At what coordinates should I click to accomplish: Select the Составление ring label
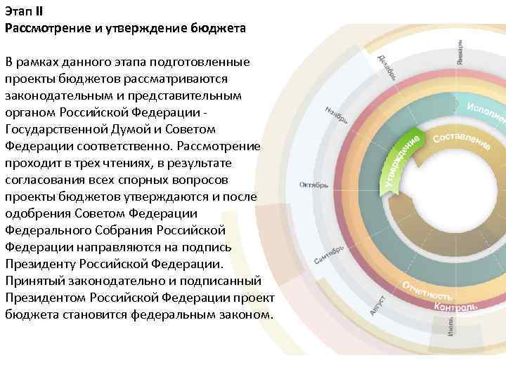461,141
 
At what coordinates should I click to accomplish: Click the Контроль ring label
456,307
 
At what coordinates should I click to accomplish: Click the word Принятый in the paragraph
34,281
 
